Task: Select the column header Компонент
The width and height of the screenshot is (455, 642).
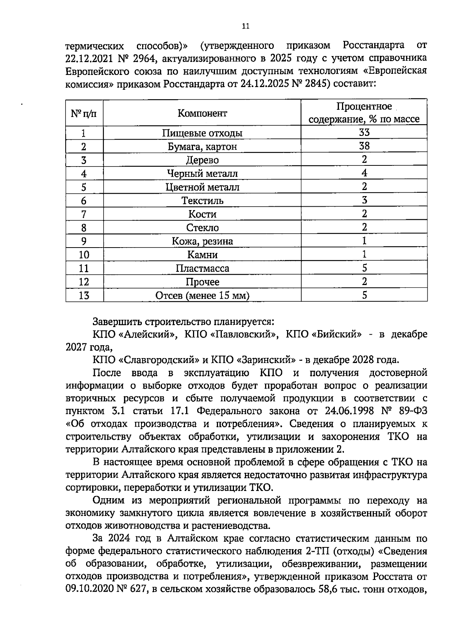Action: point(202,113)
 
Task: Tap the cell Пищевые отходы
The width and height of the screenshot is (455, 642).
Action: point(202,133)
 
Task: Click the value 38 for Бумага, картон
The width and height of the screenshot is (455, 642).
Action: point(364,146)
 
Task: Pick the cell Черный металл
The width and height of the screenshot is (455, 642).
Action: point(202,174)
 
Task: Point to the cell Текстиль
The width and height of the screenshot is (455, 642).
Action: point(202,201)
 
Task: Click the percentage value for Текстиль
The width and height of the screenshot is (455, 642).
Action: point(364,200)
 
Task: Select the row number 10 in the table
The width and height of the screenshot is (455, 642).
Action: point(84,255)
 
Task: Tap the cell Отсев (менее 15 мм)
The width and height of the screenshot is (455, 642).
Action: point(202,296)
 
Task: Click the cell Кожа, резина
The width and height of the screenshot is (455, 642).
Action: point(202,241)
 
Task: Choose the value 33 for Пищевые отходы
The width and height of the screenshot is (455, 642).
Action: point(364,132)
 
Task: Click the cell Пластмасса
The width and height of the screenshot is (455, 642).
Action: point(202,268)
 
